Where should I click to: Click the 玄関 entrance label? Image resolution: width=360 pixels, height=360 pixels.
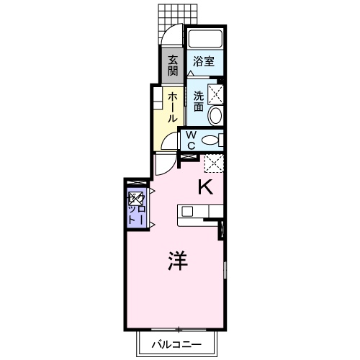point(174,66)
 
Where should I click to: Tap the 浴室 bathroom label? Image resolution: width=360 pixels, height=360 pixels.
point(204,63)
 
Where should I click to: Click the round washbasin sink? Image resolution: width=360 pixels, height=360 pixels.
point(215,117)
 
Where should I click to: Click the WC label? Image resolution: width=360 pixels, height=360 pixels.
point(192,140)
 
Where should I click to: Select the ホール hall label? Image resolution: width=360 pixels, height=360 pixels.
point(174,106)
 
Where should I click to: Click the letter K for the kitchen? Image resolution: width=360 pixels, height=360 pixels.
point(204,188)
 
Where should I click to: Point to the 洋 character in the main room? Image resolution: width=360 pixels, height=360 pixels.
point(178,261)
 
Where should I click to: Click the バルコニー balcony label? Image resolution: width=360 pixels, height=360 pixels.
point(176,345)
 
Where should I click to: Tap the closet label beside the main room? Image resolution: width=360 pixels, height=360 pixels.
point(135,207)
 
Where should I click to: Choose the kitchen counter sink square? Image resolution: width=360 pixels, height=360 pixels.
point(187,212)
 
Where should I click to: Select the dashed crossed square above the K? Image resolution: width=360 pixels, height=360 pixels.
point(213,164)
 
